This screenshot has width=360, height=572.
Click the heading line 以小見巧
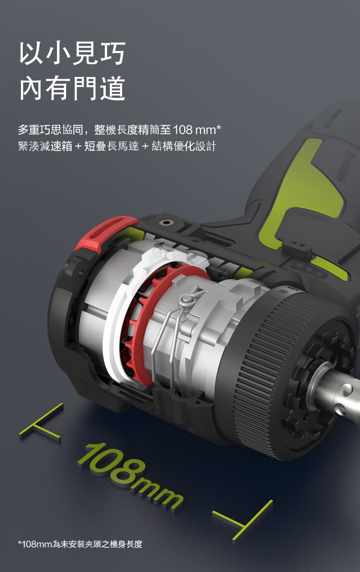click(x=72, y=53)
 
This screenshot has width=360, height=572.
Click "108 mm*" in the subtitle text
click(x=197, y=130)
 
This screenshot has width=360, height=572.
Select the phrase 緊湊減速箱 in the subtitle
click(x=45, y=146)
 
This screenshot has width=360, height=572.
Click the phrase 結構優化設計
click(x=184, y=146)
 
